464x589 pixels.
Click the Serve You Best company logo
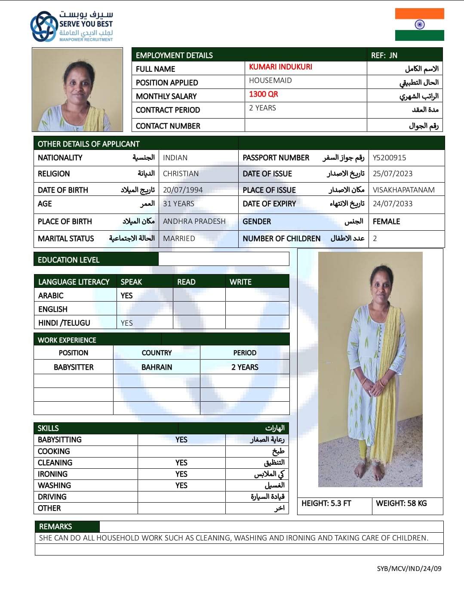tap(71, 26)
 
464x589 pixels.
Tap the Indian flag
tap(419, 24)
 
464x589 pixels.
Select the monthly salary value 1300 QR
tap(263, 94)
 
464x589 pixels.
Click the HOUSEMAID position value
tap(270, 80)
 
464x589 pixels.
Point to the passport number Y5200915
tap(389, 158)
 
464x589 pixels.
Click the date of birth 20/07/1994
tap(182, 190)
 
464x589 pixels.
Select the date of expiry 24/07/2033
tap(392, 204)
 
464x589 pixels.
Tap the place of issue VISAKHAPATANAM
tap(403, 190)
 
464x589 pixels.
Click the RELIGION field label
tap(54, 174)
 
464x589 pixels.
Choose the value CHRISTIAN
tap(181, 174)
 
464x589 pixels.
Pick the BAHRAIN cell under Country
tap(157, 367)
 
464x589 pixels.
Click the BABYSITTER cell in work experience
tap(74, 367)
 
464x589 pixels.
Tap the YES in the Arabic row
tap(126, 296)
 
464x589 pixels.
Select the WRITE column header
tap(240, 282)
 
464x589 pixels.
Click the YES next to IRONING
tap(181, 474)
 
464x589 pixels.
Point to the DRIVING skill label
tap(52, 497)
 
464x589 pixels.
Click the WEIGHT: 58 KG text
tap(401, 503)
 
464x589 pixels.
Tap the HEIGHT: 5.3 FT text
tap(326, 503)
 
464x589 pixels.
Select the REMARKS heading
tap(55, 527)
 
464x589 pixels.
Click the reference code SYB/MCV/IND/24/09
tap(409, 568)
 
